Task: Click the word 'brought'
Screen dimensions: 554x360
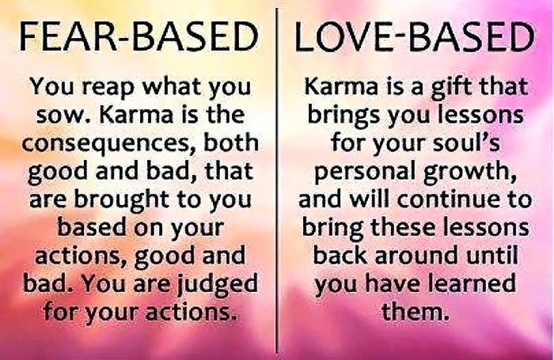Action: (121, 200)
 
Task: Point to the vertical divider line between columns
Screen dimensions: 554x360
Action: (276, 180)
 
